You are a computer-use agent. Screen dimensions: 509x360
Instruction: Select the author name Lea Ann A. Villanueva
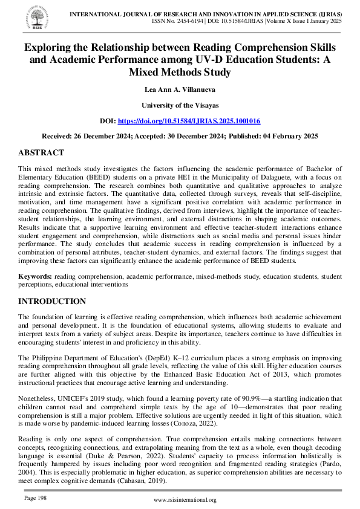coord(180,89)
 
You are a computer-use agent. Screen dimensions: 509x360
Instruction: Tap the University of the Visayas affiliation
coord(180,105)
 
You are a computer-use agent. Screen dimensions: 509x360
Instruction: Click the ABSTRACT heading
coord(41,153)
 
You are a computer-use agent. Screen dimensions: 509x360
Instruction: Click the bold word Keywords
coord(35,276)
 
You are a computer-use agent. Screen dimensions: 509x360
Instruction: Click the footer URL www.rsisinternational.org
coord(185,500)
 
